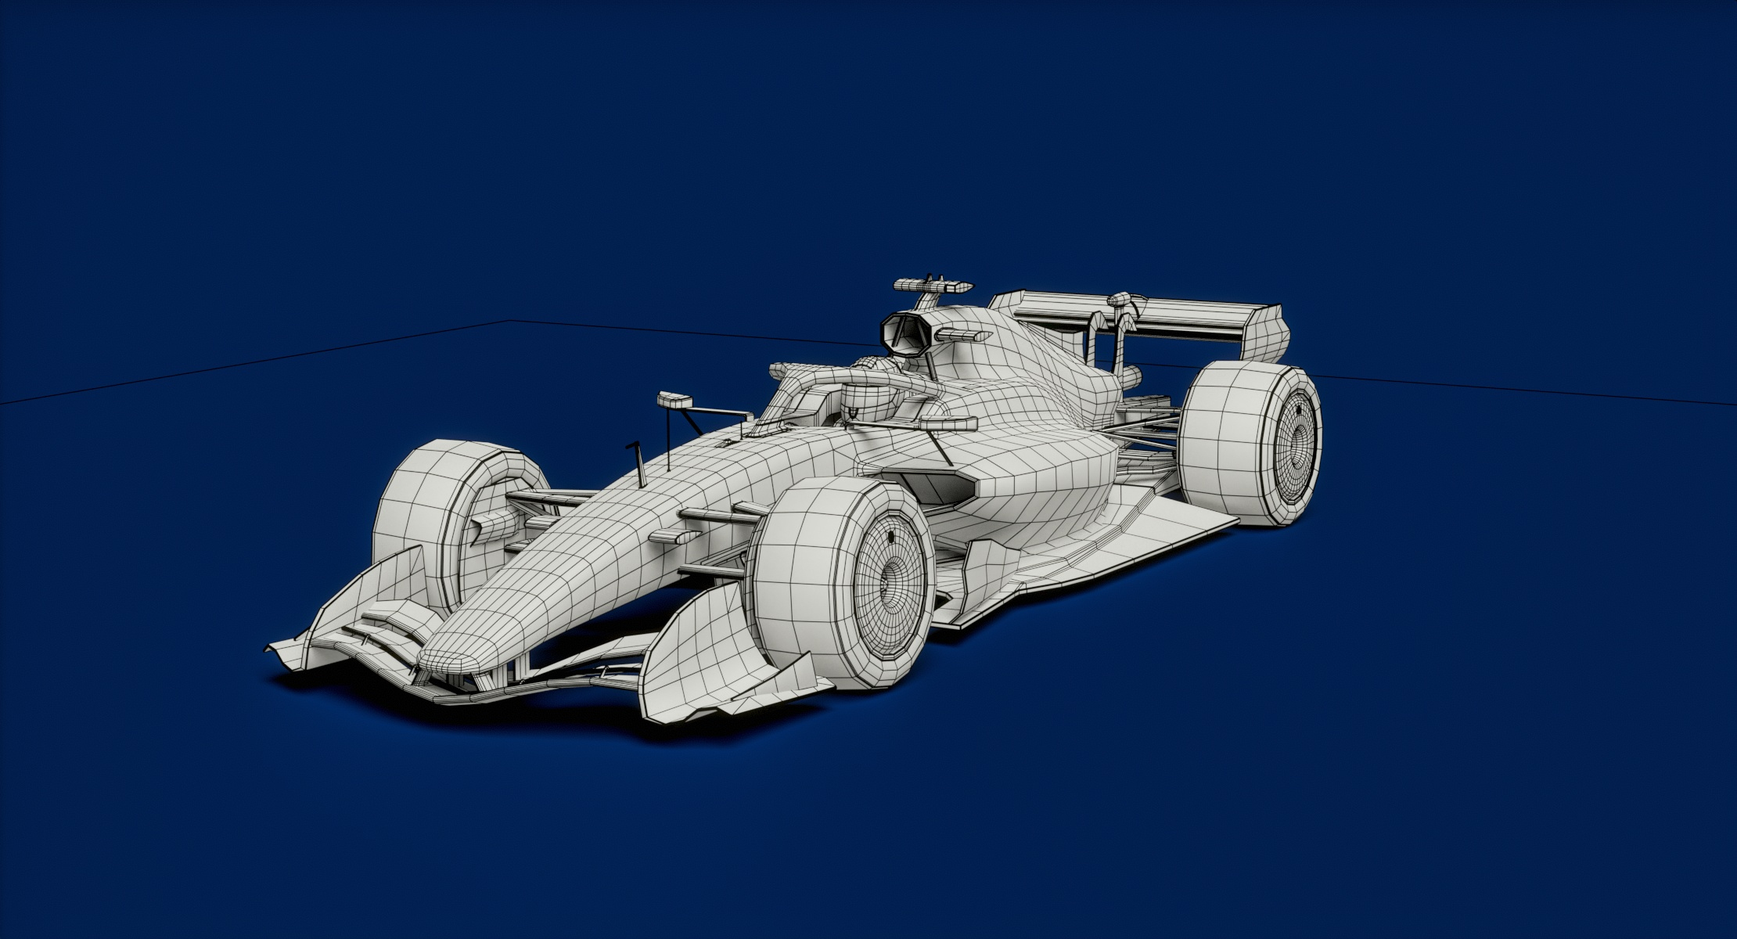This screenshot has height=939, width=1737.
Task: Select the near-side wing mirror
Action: pyautogui.click(x=948, y=423)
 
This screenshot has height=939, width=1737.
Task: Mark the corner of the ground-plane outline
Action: pyautogui.click(x=510, y=321)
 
